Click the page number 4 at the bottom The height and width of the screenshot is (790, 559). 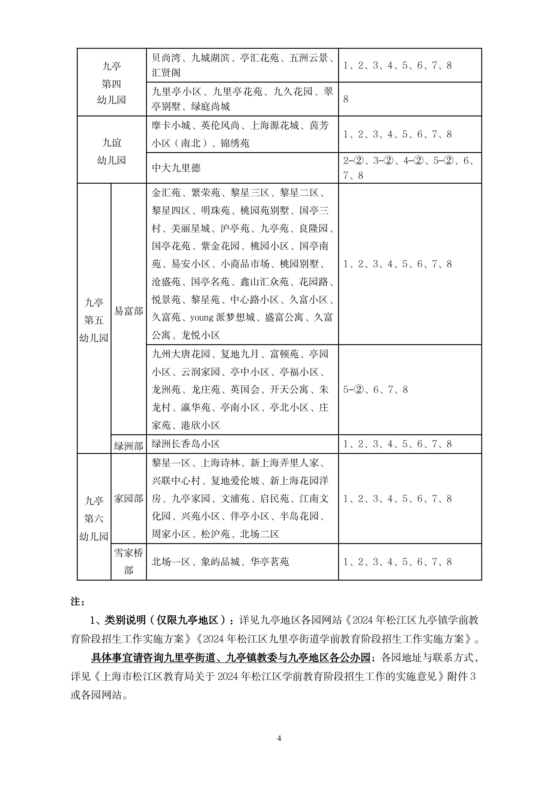[x=279, y=738]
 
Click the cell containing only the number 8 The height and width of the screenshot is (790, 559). [x=346, y=99]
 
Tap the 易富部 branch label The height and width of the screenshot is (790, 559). [x=128, y=311]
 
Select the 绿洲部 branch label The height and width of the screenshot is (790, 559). [x=128, y=446]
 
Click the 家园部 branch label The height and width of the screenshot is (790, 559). [x=128, y=498]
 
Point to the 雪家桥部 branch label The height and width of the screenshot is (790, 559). [x=128, y=562]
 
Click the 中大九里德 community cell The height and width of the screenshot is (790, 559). [x=176, y=168]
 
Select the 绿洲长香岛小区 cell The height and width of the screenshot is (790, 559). [x=186, y=444]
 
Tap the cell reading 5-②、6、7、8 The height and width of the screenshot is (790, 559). [x=375, y=389]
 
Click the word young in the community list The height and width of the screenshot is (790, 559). [x=202, y=317]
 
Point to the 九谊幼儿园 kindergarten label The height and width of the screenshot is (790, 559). [x=112, y=151]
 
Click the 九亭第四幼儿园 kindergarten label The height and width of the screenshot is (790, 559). [x=112, y=83]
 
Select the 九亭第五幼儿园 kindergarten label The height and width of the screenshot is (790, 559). [x=94, y=320]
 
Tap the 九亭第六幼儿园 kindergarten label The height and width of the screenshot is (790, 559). [x=94, y=518]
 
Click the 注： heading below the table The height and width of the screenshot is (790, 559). [x=77, y=602]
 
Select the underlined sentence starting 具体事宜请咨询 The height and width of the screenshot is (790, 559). [x=230, y=658]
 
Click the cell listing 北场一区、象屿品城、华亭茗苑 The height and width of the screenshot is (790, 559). [x=220, y=562]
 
